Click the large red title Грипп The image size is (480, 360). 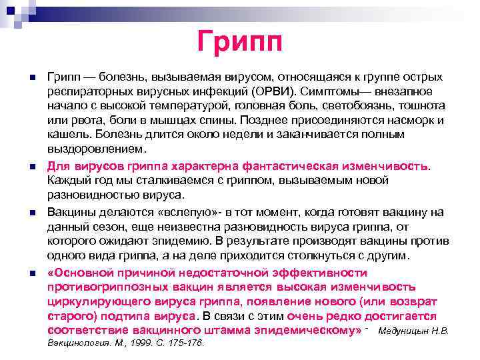click(240, 41)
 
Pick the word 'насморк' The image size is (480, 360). click(405, 121)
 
